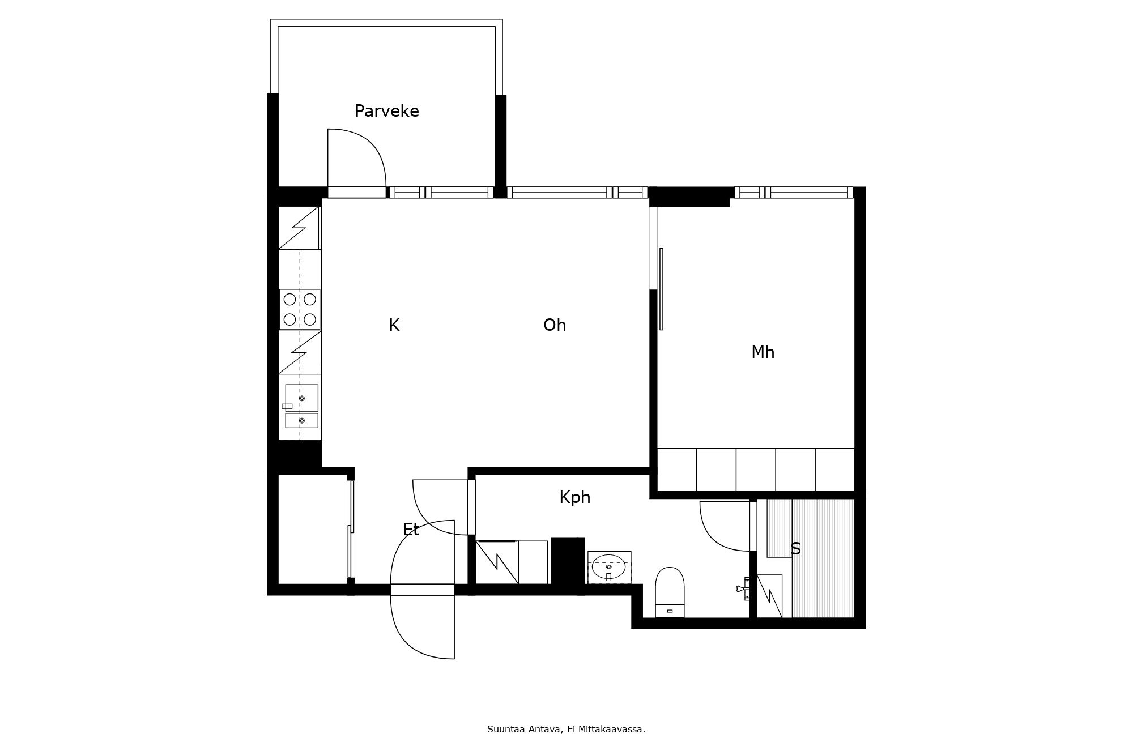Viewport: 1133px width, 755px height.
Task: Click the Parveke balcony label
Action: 387,112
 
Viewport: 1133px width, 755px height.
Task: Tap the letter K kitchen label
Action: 394,325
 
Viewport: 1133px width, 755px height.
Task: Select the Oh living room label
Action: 555,325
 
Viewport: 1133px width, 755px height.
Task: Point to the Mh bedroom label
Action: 763,352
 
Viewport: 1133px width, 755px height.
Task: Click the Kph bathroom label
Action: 575,497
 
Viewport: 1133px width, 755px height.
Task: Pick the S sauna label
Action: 796,548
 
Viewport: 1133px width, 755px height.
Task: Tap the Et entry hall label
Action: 411,530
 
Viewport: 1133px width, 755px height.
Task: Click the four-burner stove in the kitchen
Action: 300,309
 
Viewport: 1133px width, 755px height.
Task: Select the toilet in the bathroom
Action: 670,592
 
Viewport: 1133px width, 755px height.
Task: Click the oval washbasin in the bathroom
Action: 609,566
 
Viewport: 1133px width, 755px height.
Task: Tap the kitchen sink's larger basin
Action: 301,398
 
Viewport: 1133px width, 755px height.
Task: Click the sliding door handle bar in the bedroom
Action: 661,289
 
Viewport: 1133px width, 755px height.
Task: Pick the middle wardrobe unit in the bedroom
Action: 756,470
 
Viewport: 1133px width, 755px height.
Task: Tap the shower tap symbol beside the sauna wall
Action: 744,588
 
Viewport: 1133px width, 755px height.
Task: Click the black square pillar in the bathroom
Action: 568,561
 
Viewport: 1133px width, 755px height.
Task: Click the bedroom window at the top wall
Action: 794,193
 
